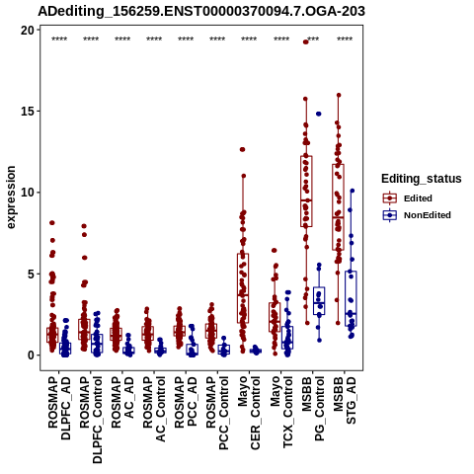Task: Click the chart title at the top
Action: point(201,11)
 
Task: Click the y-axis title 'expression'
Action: point(11,197)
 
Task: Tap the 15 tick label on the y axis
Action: point(28,112)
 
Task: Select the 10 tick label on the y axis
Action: point(28,193)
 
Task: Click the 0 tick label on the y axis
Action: point(32,355)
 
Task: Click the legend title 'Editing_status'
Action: point(422,179)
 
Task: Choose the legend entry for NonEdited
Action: point(417,215)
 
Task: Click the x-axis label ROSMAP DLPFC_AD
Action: point(59,408)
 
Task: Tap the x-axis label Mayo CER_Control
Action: point(249,413)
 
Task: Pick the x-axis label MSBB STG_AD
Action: point(345,401)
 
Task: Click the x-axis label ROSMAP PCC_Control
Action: point(217,413)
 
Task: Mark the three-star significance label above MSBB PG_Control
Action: point(313,39)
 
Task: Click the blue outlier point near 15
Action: point(319,114)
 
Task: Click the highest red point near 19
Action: point(306,41)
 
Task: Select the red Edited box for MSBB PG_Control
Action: point(306,192)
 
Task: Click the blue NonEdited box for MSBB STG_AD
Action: point(351,298)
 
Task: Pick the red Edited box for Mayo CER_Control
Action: point(243,288)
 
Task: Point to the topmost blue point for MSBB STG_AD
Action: point(353,191)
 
